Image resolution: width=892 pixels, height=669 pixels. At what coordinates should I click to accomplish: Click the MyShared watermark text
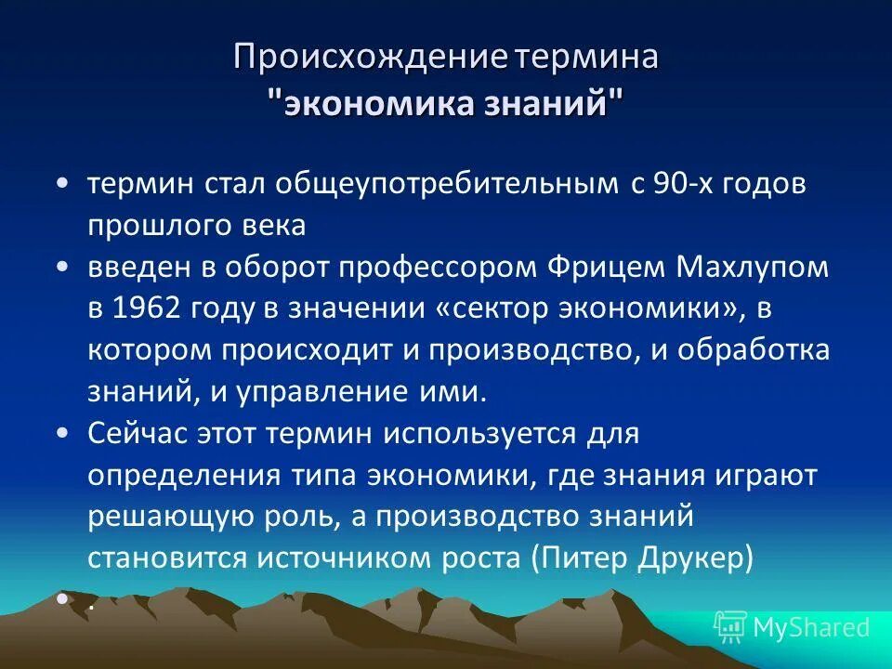pos(810,628)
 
